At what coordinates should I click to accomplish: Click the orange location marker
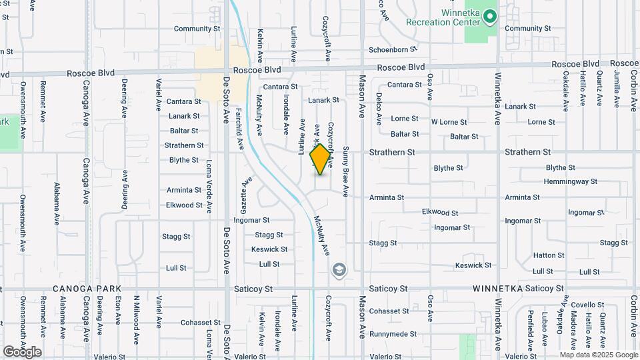pos(320,159)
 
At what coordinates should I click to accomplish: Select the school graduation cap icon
pos(339,269)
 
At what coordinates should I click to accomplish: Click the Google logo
pos(22,351)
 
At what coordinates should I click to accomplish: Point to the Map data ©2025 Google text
pos(599,355)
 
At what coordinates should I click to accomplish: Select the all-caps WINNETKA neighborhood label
pos(497,289)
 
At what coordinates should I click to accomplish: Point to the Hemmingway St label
pos(570,181)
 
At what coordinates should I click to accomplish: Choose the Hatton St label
pos(549,255)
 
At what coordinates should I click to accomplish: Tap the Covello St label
pos(587,305)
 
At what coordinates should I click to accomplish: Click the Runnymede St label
pos(393,333)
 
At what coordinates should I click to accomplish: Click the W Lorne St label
pos(449,122)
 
